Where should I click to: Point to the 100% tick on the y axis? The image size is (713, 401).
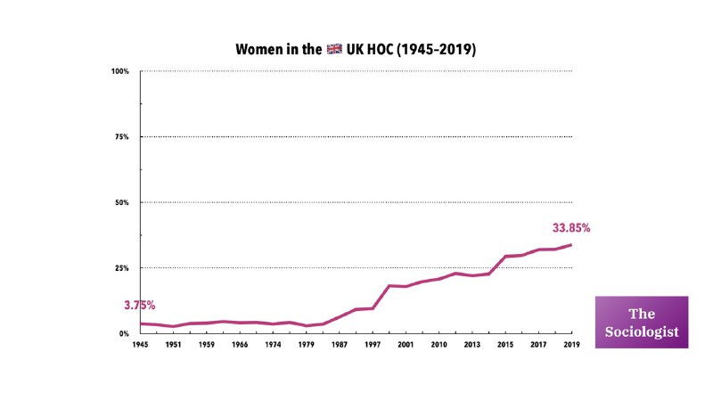coord(121,71)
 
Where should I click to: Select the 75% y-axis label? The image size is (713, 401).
coord(122,137)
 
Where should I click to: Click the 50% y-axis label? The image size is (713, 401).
coord(122,203)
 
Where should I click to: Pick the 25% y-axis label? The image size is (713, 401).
coord(122,268)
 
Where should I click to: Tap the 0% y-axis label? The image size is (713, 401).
coord(125,334)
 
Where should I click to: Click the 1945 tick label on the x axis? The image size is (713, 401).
coord(140,345)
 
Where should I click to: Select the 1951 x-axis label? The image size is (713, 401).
coord(173,345)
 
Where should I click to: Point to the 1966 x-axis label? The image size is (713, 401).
coord(240,345)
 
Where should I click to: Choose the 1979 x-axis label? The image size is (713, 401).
coord(306,345)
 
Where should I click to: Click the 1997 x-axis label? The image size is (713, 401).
coord(372,345)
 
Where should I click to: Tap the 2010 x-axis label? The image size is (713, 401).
coord(438,345)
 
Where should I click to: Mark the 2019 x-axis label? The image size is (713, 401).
coord(570,345)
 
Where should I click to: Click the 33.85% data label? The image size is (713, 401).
coord(571,228)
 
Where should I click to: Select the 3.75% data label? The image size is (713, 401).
coord(141,305)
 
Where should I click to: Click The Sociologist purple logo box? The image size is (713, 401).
coord(642,322)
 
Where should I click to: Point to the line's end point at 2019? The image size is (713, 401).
coord(570,244)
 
